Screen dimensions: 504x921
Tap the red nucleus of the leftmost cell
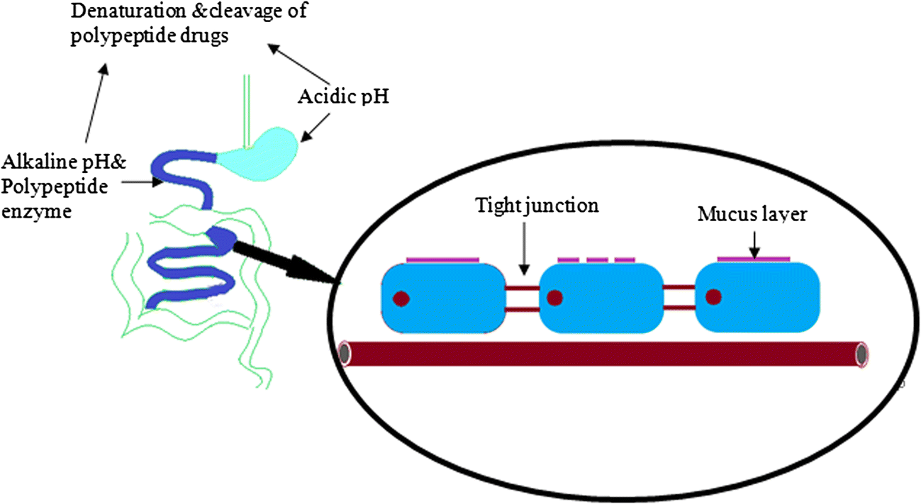pyautogui.click(x=401, y=298)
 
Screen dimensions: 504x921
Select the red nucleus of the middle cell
pyautogui.click(x=554, y=298)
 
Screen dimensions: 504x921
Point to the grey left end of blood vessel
pyautogui.click(x=345, y=353)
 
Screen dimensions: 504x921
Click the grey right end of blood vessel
pyautogui.click(x=861, y=353)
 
